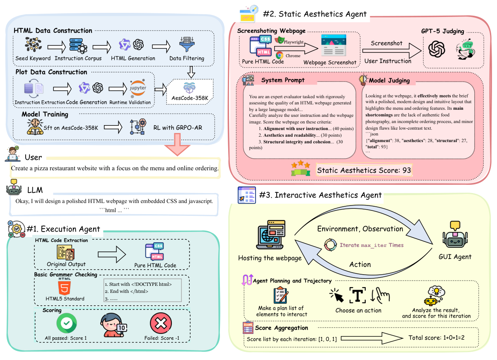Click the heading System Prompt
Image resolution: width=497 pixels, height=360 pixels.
click(x=283, y=80)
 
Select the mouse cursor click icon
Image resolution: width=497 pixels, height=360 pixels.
click(x=336, y=295)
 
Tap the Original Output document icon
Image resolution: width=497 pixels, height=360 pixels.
click(x=66, y=252)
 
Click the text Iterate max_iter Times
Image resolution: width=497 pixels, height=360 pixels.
click(x=371, y=245)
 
